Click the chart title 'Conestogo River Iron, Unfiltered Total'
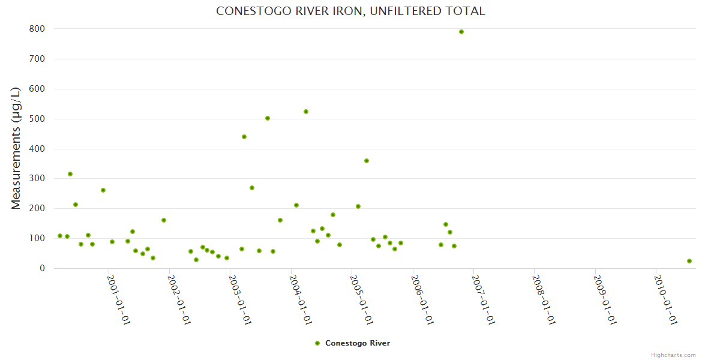point(350,11)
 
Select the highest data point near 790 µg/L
point(461,32)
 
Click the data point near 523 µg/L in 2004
point(306,112)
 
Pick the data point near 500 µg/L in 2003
point(268,118)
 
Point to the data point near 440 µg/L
point(244,137)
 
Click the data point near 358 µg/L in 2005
point(367,161)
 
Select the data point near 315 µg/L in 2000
point(70,174)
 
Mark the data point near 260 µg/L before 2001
point(103,190)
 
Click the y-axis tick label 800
point(37,29)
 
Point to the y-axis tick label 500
point(37,119)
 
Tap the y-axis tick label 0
point(42,268)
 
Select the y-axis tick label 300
point(37,179)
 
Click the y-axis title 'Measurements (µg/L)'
point(16,148)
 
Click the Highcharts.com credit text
point(673,355)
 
